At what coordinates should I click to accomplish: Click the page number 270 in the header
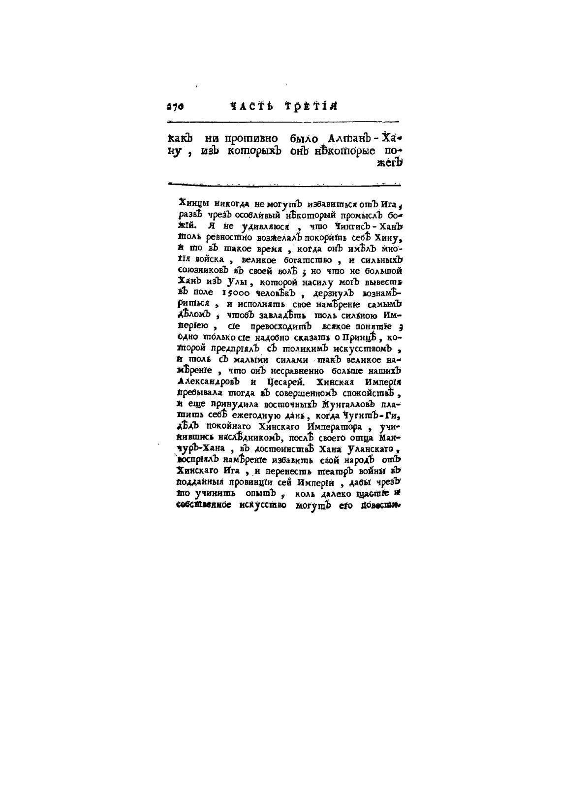(x=176, y=106)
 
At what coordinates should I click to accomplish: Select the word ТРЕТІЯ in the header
(x=311, y=106)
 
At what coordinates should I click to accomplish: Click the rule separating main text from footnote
(x=284, y=185)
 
